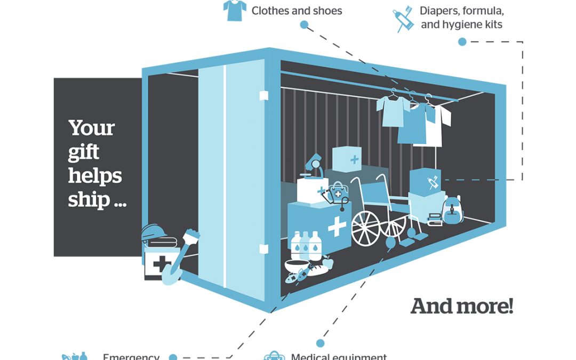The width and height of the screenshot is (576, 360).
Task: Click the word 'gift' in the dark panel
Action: pyautogui.click(x=84, y=153)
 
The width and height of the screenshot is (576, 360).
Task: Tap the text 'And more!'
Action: pyautogui.click(x=462, y=306)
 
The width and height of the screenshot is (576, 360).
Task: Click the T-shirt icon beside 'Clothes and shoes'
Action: pyautogui.click(x=235, y=10)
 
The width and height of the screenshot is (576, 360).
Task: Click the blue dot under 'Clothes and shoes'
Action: pyautogui.click(x=304, y=25)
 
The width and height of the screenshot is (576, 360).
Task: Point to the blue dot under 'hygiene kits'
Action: pyautogui.click(x=462, y=42)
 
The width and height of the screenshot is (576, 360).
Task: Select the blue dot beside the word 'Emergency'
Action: pyautogui.click(x=172, y=357)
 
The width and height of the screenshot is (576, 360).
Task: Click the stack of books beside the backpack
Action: pyautogui.click(x=435, y=218)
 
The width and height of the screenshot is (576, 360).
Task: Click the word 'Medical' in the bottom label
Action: pyautogui.click(x=310, y=357)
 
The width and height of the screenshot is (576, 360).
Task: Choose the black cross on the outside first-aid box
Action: pyautogui.click(x=158, y=264)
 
